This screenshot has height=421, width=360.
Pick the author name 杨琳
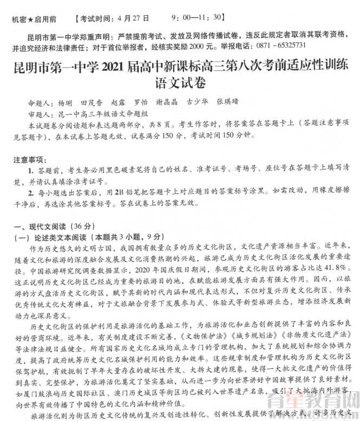(x=64, y=102)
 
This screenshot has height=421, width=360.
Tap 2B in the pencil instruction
(x=120, y=192)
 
